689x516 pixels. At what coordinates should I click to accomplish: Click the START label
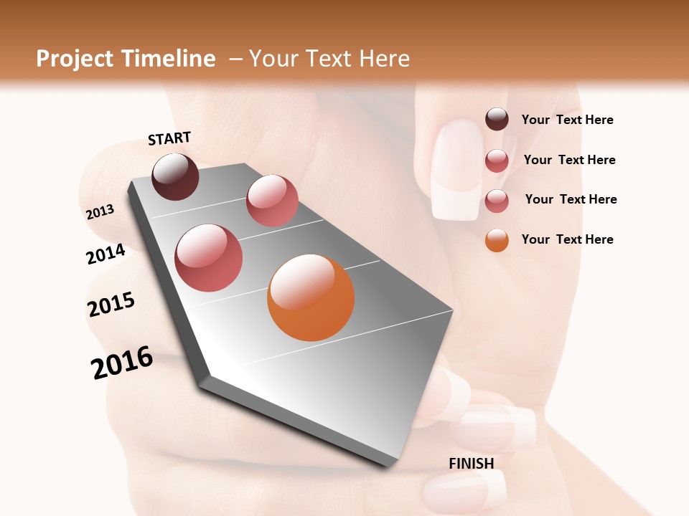click(x=169, y=138)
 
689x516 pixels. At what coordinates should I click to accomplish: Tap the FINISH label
click(x=472, y=464)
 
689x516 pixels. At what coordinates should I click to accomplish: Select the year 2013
click(x=100, y=211)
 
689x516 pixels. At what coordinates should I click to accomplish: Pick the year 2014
click(x=106, y=254)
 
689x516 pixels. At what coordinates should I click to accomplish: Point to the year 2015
click(x=111, y=304)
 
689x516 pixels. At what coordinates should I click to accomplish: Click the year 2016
click(x=122, y=363)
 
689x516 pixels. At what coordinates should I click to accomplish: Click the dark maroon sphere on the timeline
click(x=176, y=176)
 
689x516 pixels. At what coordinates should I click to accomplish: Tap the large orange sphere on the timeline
click(x=311, y=297)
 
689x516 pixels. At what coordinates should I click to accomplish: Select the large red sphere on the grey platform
click(x=209, y=258)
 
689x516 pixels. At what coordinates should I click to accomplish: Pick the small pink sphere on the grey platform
click(x=272, y=201)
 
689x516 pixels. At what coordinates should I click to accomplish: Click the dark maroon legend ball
click(x=497, y=120)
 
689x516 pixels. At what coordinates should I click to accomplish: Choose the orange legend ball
click(x=497, y=240)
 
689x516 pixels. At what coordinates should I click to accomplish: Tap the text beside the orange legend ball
click(x=567, y=239)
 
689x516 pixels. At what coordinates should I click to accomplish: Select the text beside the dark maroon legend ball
click(x=567, y=120)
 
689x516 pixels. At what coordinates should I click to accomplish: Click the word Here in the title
click(x=383, y=59)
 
